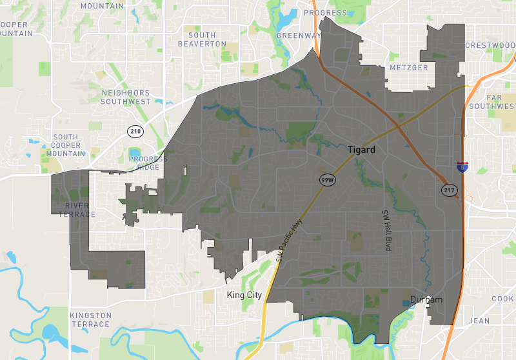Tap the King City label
[x=244, y=295]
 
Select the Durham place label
[x=426, y=300]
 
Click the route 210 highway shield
[x=135, y=132]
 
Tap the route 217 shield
[x=449, y=190]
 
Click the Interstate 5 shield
[x=462, y=166]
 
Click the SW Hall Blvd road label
[x=387, y=232]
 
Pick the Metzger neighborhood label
[x=409, y=68]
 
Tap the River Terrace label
[x=80, y=210]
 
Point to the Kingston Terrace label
[x=91, y=319]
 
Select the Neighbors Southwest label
[x=126, y=97]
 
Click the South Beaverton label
[x=203, y=40]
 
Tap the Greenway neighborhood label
[x=298, y=35]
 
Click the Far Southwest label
[x=500, y=102]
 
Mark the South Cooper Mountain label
[x=70, y=145]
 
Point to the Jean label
[x=479, y=321]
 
